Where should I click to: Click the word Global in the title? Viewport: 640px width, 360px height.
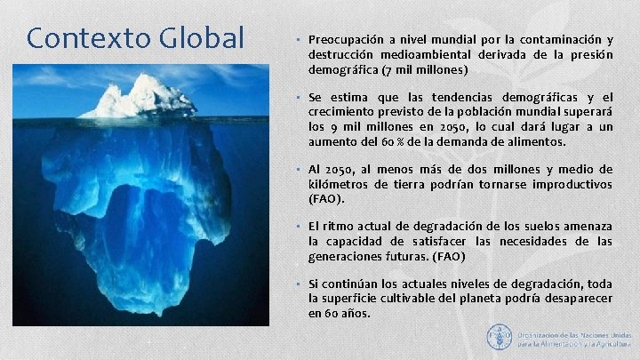pyautogui.click(x=202, y=38)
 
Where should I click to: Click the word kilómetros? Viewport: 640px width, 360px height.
pyautogui.click(x=345, y=184)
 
